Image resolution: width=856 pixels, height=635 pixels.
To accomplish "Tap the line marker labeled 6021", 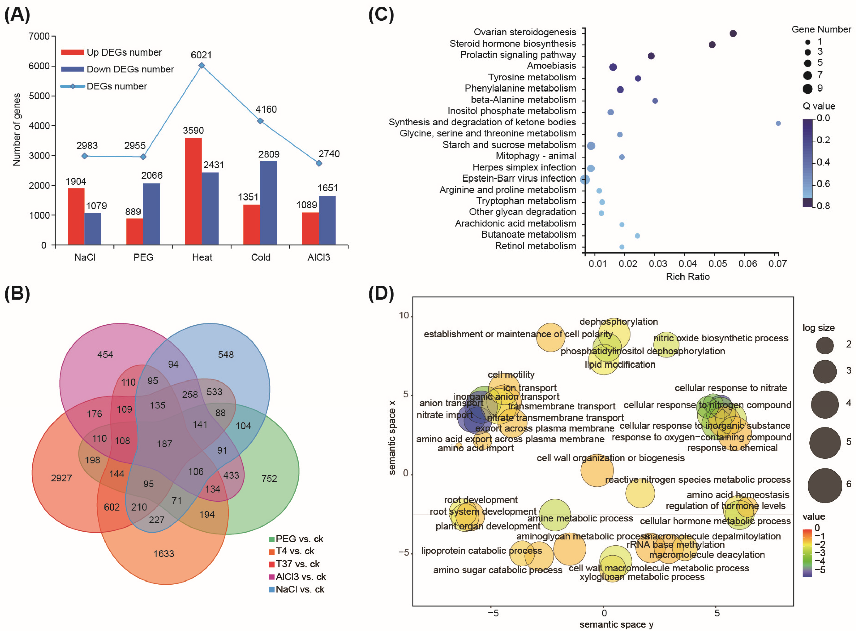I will [x=201, y=66].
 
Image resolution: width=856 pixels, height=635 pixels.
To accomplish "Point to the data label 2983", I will [x=87, y=146].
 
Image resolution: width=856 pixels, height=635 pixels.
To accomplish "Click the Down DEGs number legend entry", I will [x=130, y=69].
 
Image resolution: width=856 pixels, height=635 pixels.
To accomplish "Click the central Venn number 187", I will [x=164, y=444].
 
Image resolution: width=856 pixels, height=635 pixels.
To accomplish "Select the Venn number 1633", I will [x=164, y=554].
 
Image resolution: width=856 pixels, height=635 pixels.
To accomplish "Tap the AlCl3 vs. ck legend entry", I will [x=300, y=577].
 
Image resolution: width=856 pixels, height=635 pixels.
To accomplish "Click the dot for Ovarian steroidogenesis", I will [x=733, y=33].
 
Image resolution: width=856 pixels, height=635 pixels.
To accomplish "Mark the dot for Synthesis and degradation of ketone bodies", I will [x=778, y=123].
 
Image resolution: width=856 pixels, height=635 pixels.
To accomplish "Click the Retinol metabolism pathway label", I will [x=535, y=246].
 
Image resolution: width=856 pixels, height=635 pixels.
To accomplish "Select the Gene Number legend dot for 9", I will [x=807, y=89].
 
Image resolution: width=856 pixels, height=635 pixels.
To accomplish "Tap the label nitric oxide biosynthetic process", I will [x=721, y=338].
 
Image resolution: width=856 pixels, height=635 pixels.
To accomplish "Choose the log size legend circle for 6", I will [x=825, y=485].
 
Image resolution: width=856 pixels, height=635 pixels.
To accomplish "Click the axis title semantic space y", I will [x=616, y=625].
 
